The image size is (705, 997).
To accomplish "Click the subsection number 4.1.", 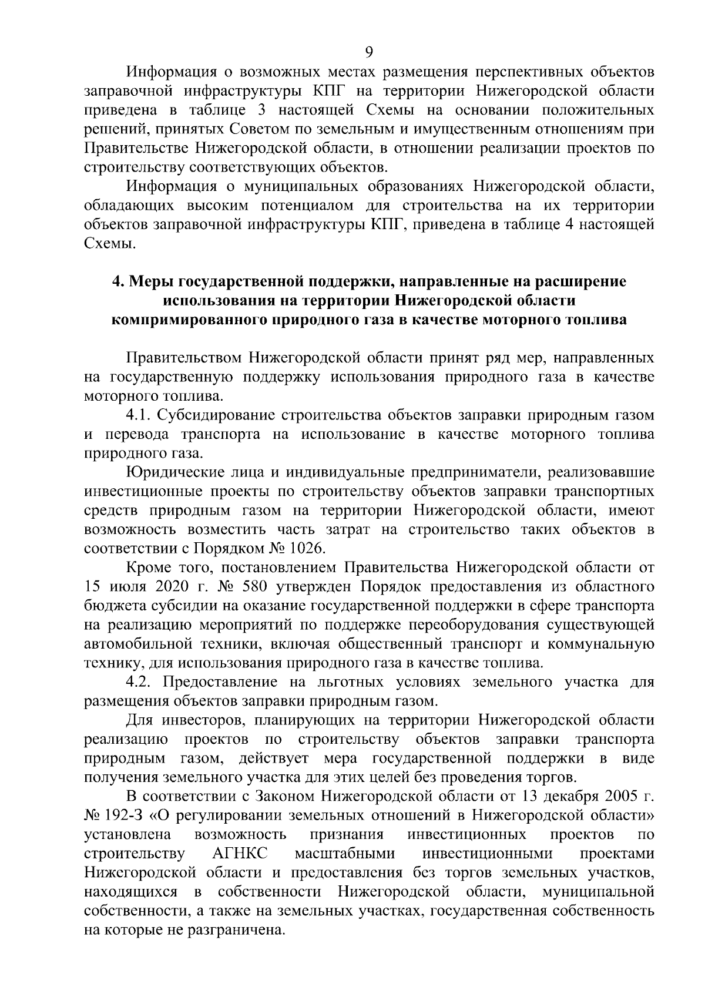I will pos(139,415).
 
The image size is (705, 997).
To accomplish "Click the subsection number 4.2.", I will pos(139,682).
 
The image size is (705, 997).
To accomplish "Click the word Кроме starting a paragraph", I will pos(147,568).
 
